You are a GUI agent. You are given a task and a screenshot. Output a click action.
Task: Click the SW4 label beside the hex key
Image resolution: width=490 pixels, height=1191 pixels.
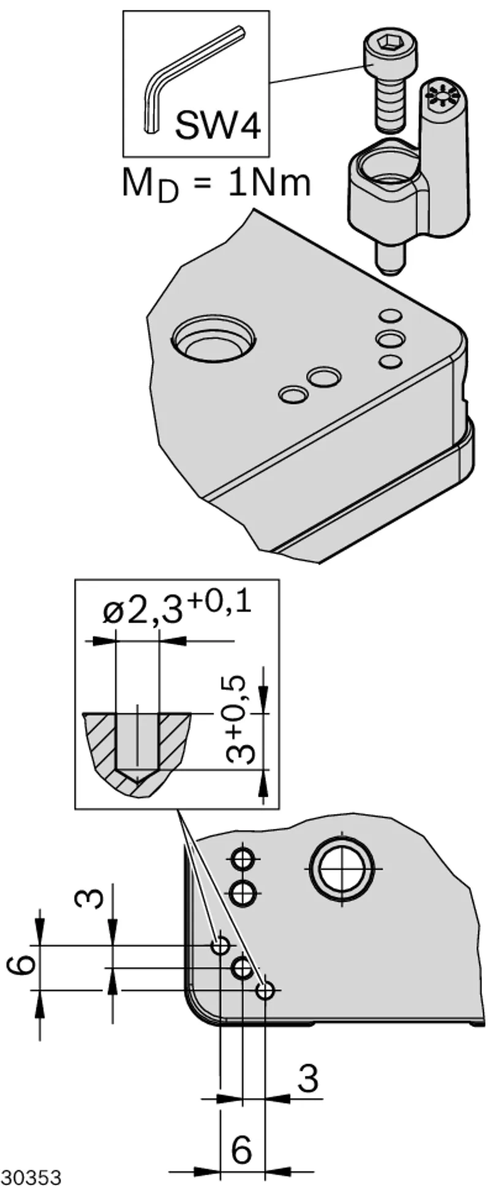click(x=218, y=126)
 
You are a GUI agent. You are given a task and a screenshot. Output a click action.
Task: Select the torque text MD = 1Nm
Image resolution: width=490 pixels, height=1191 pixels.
click(x=216, y=183)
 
